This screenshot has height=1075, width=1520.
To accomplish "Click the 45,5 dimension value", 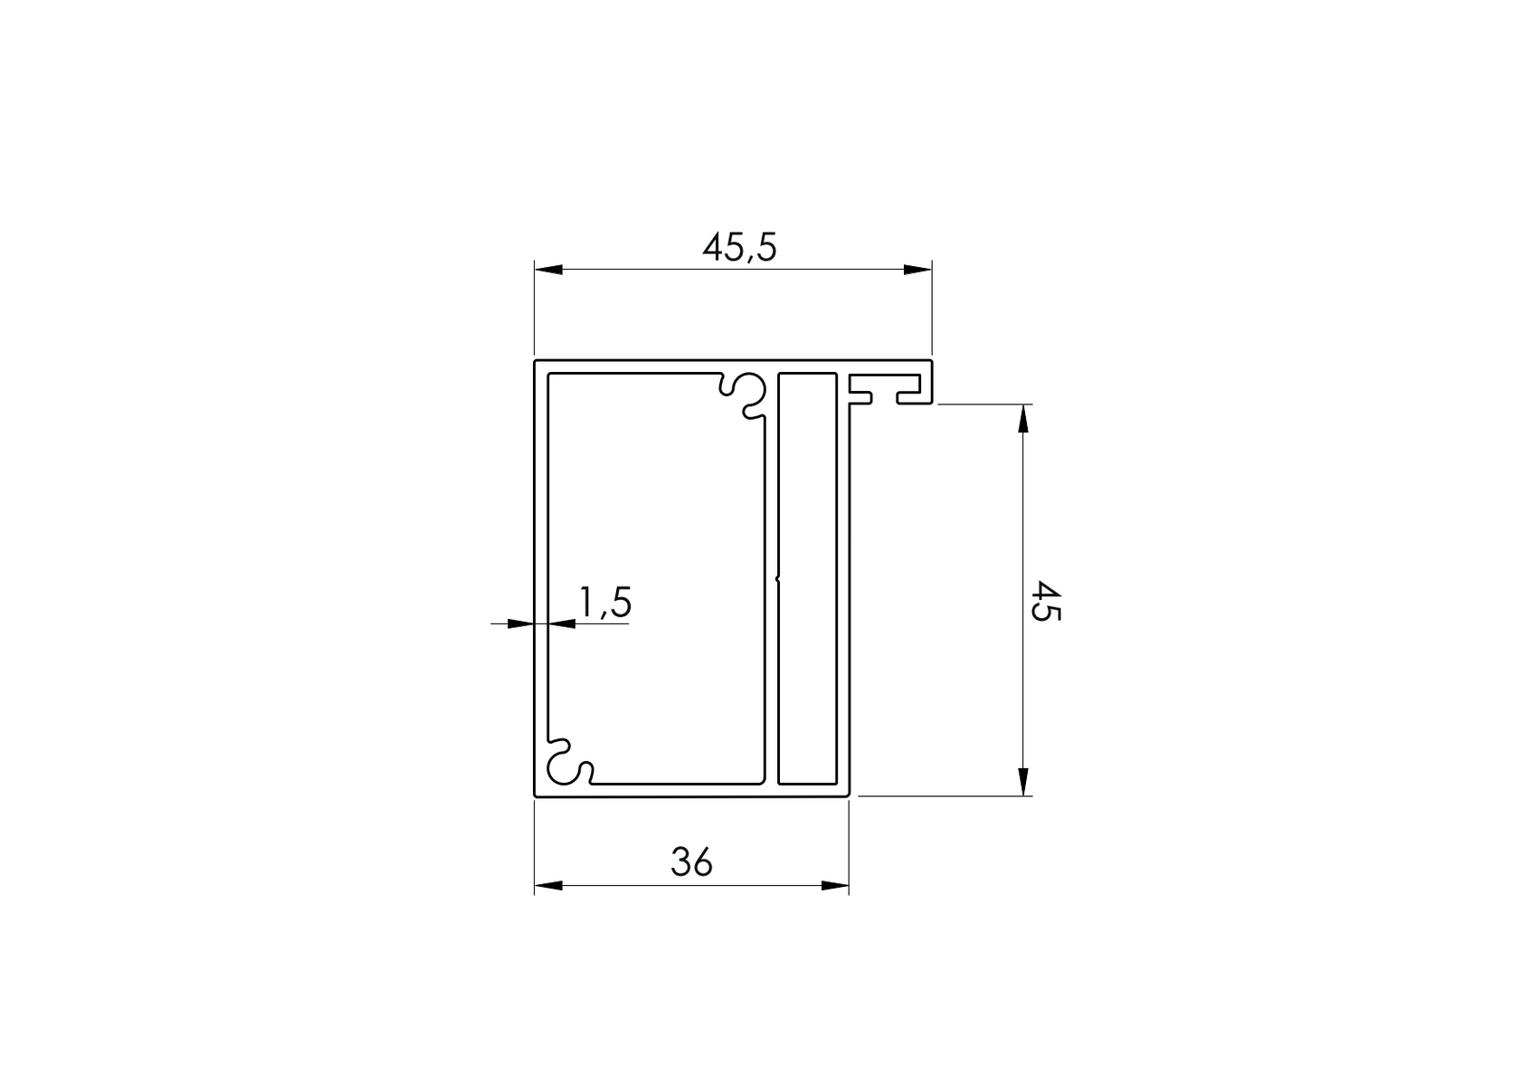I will pyautogui.click(x=739, y=247).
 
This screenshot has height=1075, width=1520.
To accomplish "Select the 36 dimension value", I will pyautogui.click(x=691, y=862).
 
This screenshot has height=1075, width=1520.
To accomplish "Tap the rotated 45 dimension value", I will pyautogui.click(x=1046, y=601).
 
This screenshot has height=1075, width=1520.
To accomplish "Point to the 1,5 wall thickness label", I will pyautogui.click(x=604, y=603).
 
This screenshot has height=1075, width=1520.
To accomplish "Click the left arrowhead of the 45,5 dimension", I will pyautogui.click(x=548, y=269).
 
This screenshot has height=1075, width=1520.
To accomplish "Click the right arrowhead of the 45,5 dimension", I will pyautogui.click(x=917, y=269).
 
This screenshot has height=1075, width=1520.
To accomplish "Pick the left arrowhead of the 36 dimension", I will pyautogui.click(x=548, y=885).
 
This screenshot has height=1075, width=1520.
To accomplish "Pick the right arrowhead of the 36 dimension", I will pyautogui.click(x=835, y=885).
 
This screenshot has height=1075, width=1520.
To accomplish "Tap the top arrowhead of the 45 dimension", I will pyautogui.click(x=1022, y=419).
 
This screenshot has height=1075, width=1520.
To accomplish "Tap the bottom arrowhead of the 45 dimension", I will pyautogui.click(x=1022, y=782).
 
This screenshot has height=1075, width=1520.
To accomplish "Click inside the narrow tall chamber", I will pyautogui.click(x=807, y=579).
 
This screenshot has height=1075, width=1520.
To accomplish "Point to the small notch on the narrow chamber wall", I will pyautogui.click(x=778, y=576).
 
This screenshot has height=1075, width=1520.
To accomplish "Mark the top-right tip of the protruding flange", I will pyautogui.click(x=931, y=361).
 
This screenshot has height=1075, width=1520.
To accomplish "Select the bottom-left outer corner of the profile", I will pyautogui.click(x=536, y=796).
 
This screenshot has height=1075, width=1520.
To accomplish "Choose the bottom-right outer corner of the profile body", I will pyautogui.click(x=849, y=796).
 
